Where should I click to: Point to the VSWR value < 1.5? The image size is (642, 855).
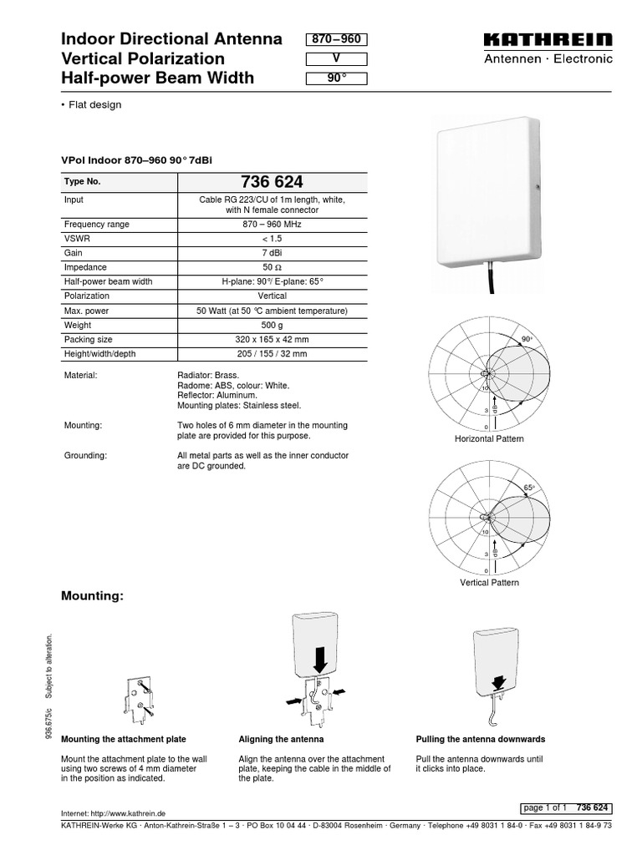click(x=273, y=240)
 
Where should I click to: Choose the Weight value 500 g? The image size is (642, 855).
click(x=273, y=325)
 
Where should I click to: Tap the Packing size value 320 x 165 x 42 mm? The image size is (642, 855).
click(x=273, y=340)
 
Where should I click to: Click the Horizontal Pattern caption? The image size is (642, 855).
click(x=488, y=439)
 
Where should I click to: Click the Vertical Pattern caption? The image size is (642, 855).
click(x=489, y=582)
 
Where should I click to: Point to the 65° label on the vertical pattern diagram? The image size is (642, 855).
click(x=529, y=488)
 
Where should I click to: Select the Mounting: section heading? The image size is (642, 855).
click(x=93, y=596)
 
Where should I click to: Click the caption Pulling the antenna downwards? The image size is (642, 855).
click(x=480, y=740)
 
